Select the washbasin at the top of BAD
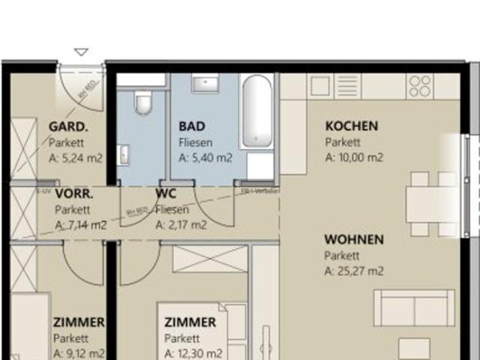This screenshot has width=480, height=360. tap(205, 83)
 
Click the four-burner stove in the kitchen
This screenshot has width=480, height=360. tap(421, 86)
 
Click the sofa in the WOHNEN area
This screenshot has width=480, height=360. tap(414, 307)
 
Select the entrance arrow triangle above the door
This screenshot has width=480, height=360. tap(81, 52)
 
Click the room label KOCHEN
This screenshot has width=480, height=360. tap(351, 126)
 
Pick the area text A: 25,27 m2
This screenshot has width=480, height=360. tap(354, 271)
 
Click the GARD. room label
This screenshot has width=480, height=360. tap(68, 126)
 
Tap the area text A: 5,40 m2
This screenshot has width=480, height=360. tap(205, 157)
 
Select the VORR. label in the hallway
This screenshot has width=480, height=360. tap(74, 193)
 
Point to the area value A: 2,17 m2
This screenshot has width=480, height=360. tap(181, 224)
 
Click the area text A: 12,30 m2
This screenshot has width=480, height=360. tap(193, 353)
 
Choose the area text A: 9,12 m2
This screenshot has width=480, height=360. tap(79, 353)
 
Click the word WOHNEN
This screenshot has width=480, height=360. tap(353, 240)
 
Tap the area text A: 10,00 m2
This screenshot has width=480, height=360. tap(354, 157)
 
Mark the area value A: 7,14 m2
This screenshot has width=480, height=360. tap(81, 224)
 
